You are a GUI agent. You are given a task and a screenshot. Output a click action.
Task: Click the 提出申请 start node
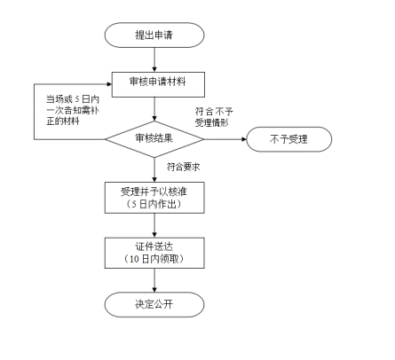[154, 35]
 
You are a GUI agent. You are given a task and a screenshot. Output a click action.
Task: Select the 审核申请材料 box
[158, 84]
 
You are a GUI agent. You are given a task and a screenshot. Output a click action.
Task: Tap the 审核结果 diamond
[154, 139]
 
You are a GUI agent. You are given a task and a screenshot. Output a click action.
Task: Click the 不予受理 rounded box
[288, 139]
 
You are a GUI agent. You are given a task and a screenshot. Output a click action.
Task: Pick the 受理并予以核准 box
[154, 198]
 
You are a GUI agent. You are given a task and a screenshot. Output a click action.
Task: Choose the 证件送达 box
[154, 253]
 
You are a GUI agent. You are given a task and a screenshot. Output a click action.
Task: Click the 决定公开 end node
[154, 305]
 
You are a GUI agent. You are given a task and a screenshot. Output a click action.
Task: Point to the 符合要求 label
[183, 167]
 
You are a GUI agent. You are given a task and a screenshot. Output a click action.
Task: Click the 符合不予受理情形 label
[214, 117]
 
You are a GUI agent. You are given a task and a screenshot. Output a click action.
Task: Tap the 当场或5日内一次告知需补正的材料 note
[73, 110]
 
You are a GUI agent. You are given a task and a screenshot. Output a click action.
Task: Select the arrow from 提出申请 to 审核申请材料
[154, 59]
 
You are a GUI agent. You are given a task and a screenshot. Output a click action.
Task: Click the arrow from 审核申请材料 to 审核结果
[154, 109]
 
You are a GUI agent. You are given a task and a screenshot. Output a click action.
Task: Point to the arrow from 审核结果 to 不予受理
[225, 139]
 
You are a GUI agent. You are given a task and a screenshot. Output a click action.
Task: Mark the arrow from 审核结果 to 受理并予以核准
[154, 169]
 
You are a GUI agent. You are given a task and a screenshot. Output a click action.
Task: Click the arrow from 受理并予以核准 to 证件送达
[154, 225]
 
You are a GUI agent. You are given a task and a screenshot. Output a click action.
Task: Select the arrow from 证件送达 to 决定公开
[154, 280]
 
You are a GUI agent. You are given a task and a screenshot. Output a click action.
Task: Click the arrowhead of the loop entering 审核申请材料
[109, 84]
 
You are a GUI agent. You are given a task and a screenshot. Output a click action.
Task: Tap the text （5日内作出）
[154, 204]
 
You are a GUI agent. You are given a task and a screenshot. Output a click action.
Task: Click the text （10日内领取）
[154, 259]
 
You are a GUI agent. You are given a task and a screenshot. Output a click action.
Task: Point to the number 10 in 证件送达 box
[134, 259]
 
